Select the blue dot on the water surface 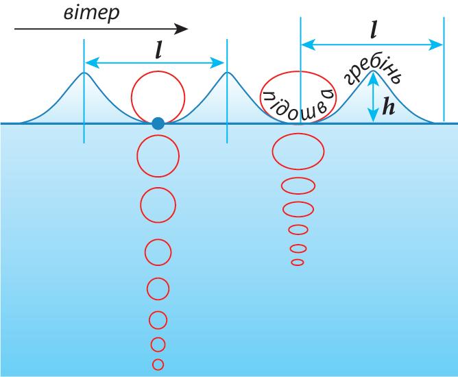[x=158, y=124]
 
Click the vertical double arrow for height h [x=373, y=98]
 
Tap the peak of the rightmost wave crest [x=373, y=71]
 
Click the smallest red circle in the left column [x=158, y=364]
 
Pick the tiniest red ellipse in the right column [x=298, y=262]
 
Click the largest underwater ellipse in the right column [x=298, y=151]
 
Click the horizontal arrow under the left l [x=155, y=62]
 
